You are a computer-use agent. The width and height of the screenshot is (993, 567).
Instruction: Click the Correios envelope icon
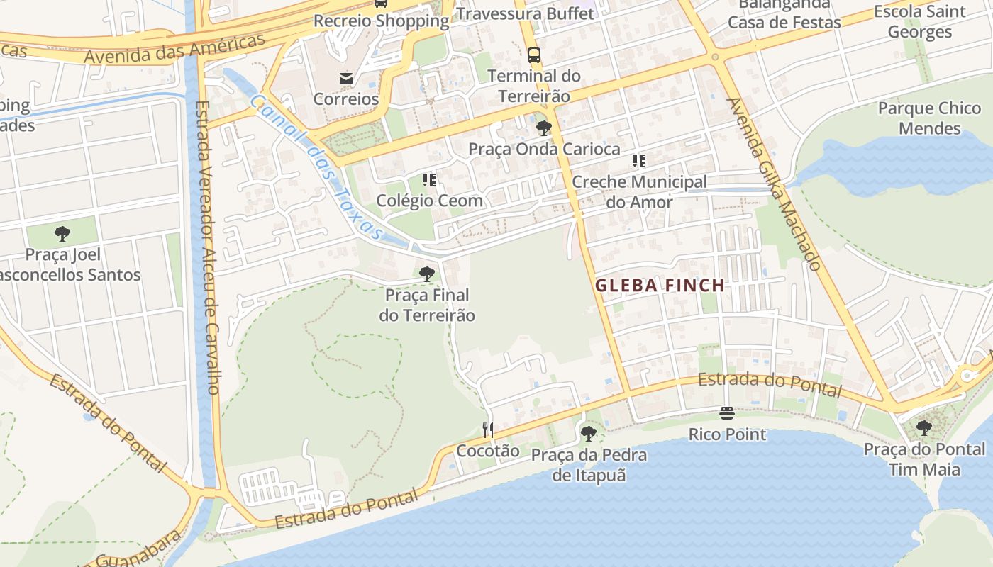click(346, 79)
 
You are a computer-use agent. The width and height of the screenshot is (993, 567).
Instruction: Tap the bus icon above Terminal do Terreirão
click(534, 55)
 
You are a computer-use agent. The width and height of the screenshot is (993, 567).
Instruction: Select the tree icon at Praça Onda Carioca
click(544, 128)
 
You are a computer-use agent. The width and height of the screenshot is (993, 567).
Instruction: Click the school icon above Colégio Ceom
click(429, 179)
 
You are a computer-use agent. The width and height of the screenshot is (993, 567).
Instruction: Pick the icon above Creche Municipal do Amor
click(639, 161)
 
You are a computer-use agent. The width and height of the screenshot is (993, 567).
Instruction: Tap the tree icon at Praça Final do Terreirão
click(426, 274)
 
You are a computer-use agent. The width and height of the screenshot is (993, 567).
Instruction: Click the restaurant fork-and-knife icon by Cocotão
click(488, 430)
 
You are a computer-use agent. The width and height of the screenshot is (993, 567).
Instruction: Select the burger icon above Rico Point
click(727, 412)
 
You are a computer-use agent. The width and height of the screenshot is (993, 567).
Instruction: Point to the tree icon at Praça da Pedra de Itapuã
click(588, 433)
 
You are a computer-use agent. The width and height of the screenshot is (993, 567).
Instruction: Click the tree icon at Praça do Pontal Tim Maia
click(923, 427)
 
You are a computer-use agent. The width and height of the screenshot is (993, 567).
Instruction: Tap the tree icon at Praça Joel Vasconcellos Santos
click(62, 233)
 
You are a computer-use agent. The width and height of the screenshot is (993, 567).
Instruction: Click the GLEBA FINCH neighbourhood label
click(660, 286)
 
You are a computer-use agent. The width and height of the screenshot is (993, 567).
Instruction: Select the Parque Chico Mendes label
click(929, 118)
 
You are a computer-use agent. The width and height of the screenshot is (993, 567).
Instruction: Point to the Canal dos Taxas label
click(316, 167)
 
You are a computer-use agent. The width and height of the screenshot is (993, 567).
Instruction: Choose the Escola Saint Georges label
click(920, 21)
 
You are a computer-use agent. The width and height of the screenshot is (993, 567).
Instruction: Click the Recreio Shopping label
click(382, 21)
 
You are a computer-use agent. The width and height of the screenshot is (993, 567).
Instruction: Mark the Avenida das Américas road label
click(174, 48)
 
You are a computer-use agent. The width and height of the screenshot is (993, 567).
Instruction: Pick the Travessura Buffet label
click(525, 13)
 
